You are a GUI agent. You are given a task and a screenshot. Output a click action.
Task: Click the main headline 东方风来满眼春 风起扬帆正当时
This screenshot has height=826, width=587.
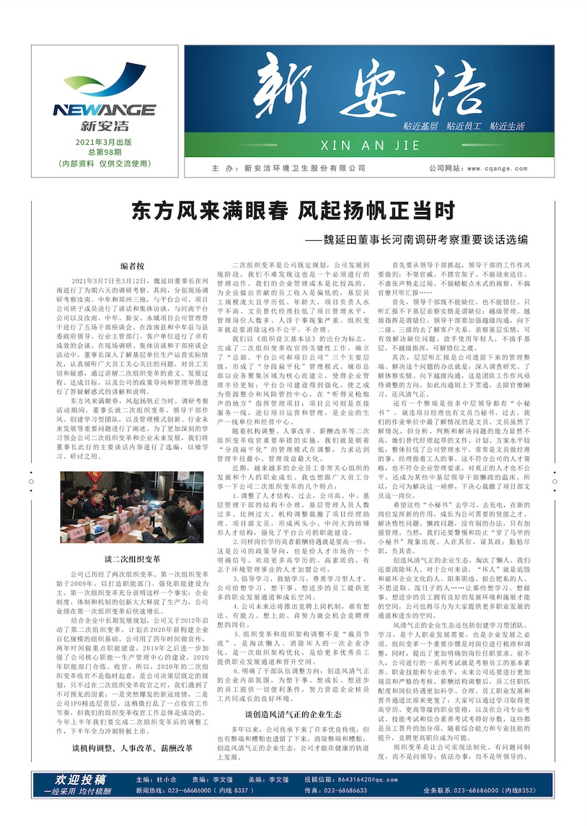pyautogui.click(x=293, y=212)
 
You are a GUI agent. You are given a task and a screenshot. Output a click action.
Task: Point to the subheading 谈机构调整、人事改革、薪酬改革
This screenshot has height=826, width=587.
pyautogui.click(x=132, y=748)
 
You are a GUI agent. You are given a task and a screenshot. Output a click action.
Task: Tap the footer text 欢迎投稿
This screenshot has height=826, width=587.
pyautogui.click(x=81, y=780)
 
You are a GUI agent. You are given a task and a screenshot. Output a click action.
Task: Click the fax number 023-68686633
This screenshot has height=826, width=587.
pyautogui.click(x=346, y=791)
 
